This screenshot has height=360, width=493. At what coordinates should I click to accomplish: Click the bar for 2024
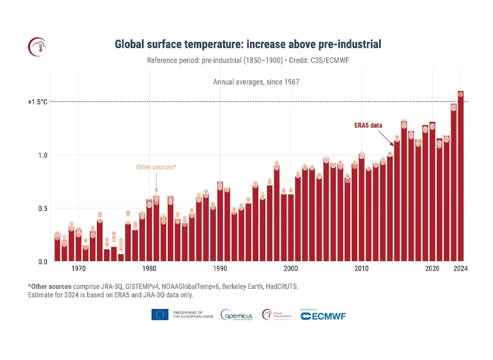(461, 176)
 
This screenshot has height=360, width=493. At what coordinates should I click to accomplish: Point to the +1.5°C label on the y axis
(37, 102)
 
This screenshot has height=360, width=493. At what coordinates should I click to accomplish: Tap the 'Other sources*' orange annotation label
(156, 167)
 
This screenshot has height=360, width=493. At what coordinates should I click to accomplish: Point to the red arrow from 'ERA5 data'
(386, 138)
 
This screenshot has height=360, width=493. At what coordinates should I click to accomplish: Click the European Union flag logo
(160, 315)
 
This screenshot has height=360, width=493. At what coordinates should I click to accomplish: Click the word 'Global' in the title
(131, 44)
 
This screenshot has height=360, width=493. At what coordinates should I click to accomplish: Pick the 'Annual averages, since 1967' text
(256, 82)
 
